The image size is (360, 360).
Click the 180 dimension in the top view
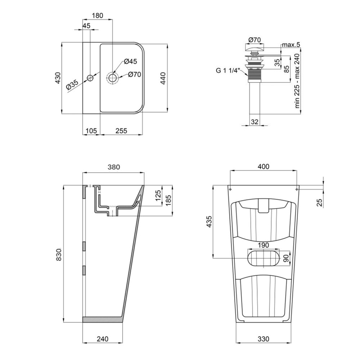click(97, 15)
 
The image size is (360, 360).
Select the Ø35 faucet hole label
click(72, 85)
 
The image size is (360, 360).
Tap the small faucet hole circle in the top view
click(90, 78)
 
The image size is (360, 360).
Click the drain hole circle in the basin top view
click(113, 78)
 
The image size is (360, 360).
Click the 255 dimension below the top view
click(121, 131)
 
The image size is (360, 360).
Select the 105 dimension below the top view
click(91, 131)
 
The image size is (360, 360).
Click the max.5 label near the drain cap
click(291, 45)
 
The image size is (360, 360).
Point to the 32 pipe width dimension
click(255, 121)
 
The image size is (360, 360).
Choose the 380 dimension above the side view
click(113, 167)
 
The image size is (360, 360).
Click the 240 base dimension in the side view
click(103, 339)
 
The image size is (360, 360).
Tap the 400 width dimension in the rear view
click(264, 167)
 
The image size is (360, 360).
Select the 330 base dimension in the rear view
click(264, 339)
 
